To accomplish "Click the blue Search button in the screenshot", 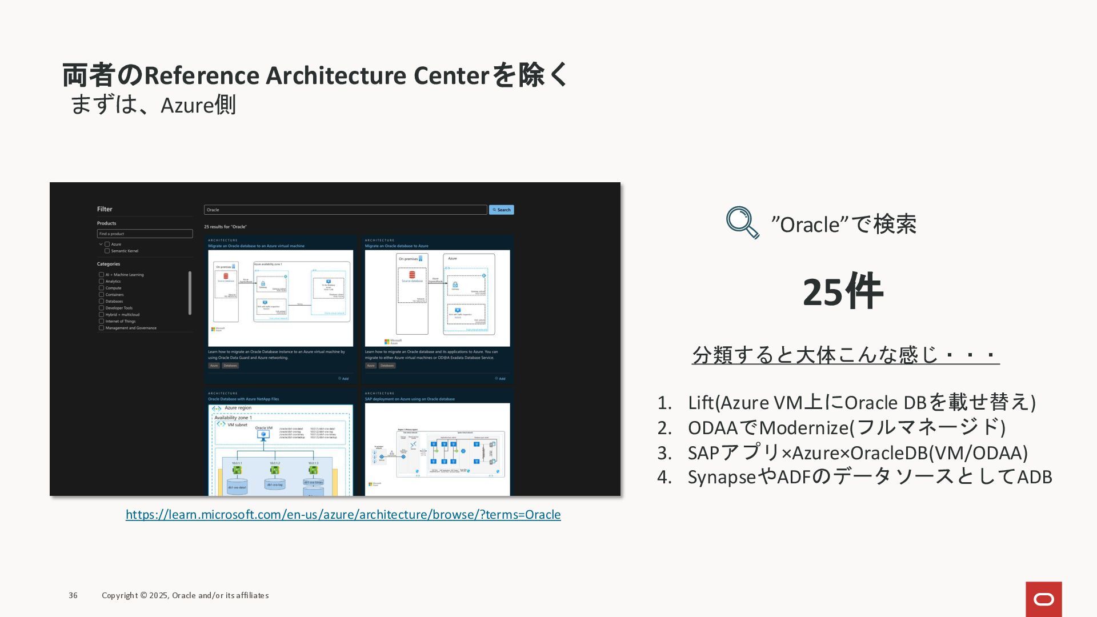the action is tap(501, 210).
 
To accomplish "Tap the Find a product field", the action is tap(145, 234).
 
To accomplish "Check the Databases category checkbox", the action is tap(101, 301).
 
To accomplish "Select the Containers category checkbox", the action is tap(101, 295).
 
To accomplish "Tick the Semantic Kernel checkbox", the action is tap(107, 251).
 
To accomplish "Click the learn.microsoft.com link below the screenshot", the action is tap(343, 514).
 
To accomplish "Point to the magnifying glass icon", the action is tap(742, 222).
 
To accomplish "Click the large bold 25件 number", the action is tap(843, 292).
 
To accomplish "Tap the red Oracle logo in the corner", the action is tap(1043, 599).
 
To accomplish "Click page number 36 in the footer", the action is tap(73, 595).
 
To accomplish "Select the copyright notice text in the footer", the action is tap(185, 595).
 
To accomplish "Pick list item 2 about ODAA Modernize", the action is tap(846, 427).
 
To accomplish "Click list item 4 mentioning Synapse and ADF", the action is tap(869, 476).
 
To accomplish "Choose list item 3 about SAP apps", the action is tap(857, 452).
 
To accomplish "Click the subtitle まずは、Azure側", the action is tap(153, 105).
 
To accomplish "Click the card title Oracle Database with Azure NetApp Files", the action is tap(243, 399).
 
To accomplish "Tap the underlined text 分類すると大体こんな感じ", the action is tap(845, 355).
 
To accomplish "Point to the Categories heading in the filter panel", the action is tap(109, 264).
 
